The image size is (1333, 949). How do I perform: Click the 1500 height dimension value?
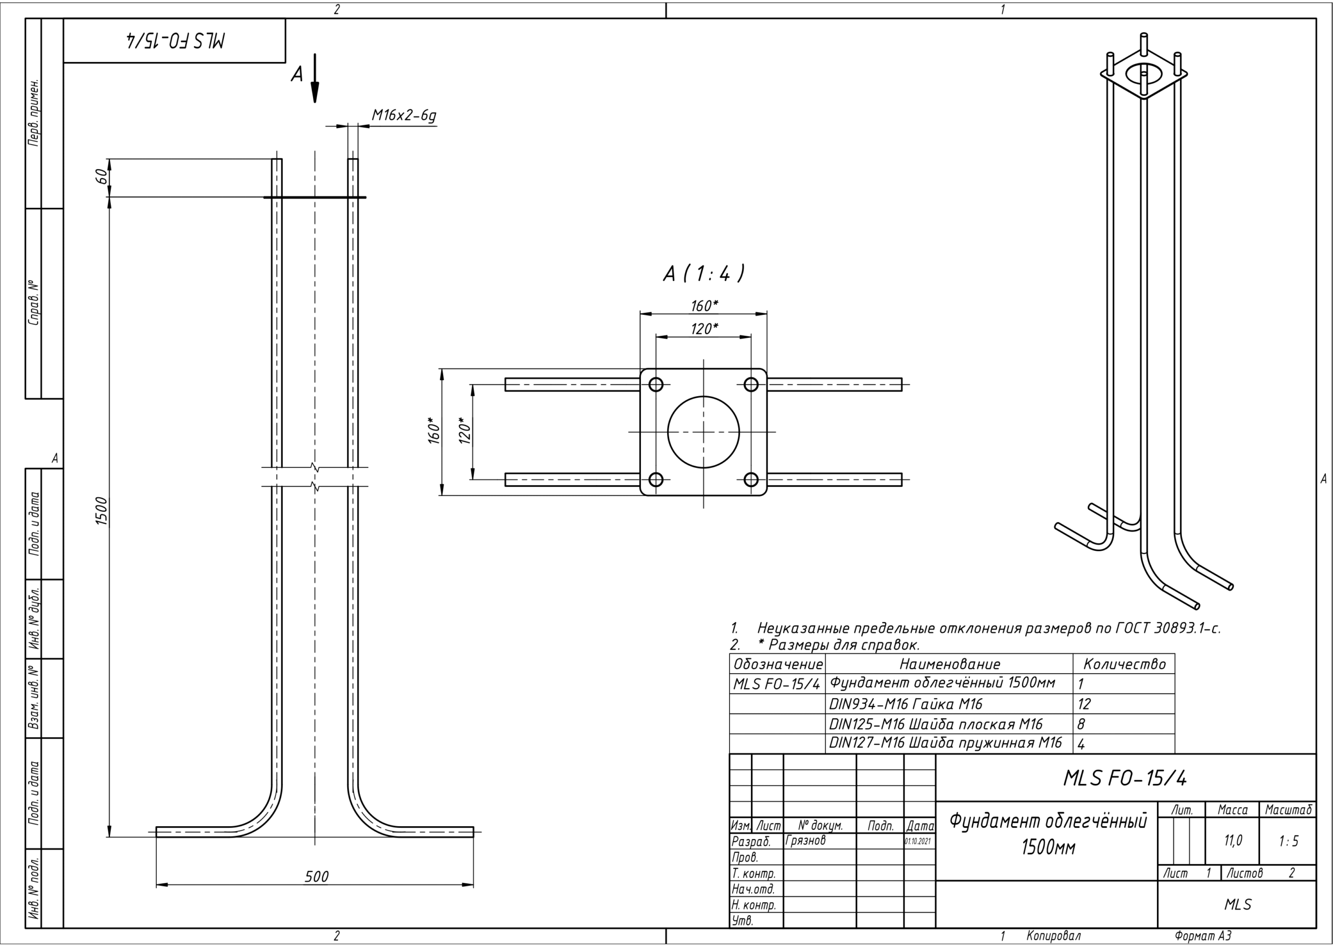click(102, 511)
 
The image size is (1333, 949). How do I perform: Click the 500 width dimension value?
click(316, 877)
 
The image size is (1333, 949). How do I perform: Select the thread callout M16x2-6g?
click(404, 116)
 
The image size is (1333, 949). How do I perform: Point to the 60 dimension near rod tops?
click(101, 176)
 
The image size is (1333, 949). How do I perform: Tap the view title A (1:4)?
click(703, 273)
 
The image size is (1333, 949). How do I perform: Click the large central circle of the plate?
click(703, 432)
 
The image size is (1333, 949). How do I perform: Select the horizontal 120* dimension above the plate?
click(703, 329)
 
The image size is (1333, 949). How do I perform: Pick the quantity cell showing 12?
click(1084, 704)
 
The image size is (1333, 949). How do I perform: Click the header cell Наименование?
click(949, 664)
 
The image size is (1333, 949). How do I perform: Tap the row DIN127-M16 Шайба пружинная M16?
click(945, 743)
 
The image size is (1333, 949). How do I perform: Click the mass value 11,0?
click(1233, 841)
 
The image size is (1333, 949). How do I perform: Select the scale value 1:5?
click(1288, 841)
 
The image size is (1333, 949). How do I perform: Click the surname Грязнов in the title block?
click(806, 840)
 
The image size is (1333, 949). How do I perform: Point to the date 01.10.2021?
click(918, 841)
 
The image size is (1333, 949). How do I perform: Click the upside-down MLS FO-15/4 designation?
click(175, 40)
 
